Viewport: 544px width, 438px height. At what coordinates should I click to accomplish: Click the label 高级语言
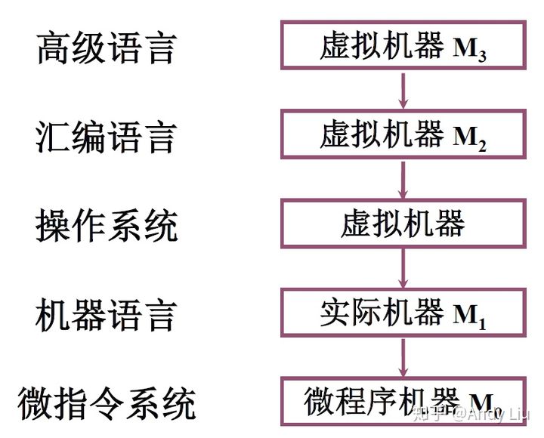107,48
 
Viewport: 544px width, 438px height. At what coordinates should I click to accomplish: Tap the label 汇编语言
107,137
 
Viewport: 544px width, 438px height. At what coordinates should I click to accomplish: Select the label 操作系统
107,226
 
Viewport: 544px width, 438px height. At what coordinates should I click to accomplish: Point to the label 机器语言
107,314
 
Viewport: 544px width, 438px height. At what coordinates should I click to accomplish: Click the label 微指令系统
107,403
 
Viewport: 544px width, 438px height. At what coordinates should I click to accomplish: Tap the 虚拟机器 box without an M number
402,224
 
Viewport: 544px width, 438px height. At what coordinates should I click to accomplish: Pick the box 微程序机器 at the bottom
402,401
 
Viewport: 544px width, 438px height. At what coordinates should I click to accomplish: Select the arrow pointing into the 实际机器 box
403,268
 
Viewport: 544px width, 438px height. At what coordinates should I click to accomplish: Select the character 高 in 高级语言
53,48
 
